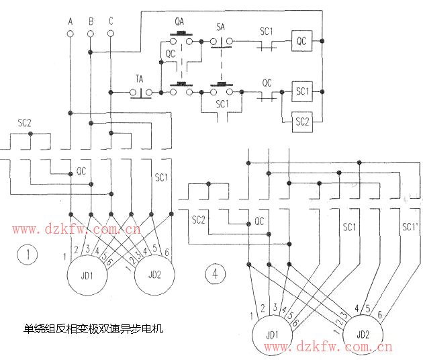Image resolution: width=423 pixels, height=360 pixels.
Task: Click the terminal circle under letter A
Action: (70, 32)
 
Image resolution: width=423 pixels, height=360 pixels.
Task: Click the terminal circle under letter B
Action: (91, 32)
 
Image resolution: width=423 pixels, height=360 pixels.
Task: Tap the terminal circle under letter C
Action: (111, 32)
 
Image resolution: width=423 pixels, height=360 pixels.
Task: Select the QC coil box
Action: (301, 41)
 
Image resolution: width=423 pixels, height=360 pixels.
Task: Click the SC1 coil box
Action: (302, 91)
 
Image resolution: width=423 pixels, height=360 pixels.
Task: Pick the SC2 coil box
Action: (302, 122)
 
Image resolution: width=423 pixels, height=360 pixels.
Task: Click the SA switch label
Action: (220, 27)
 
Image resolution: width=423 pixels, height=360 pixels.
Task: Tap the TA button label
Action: (140, 79)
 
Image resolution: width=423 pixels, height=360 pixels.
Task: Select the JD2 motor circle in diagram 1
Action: (155, 275)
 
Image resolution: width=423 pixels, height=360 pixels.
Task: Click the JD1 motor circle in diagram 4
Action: (272, 334)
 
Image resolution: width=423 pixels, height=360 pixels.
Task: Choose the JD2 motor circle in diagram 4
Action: (363, 333)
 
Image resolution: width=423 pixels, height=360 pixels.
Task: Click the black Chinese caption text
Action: (94, 329)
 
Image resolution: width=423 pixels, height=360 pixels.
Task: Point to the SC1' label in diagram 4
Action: (410, 226)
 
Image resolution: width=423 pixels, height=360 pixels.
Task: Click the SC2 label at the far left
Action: (25, 124)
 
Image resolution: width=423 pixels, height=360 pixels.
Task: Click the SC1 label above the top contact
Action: (267, 31)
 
